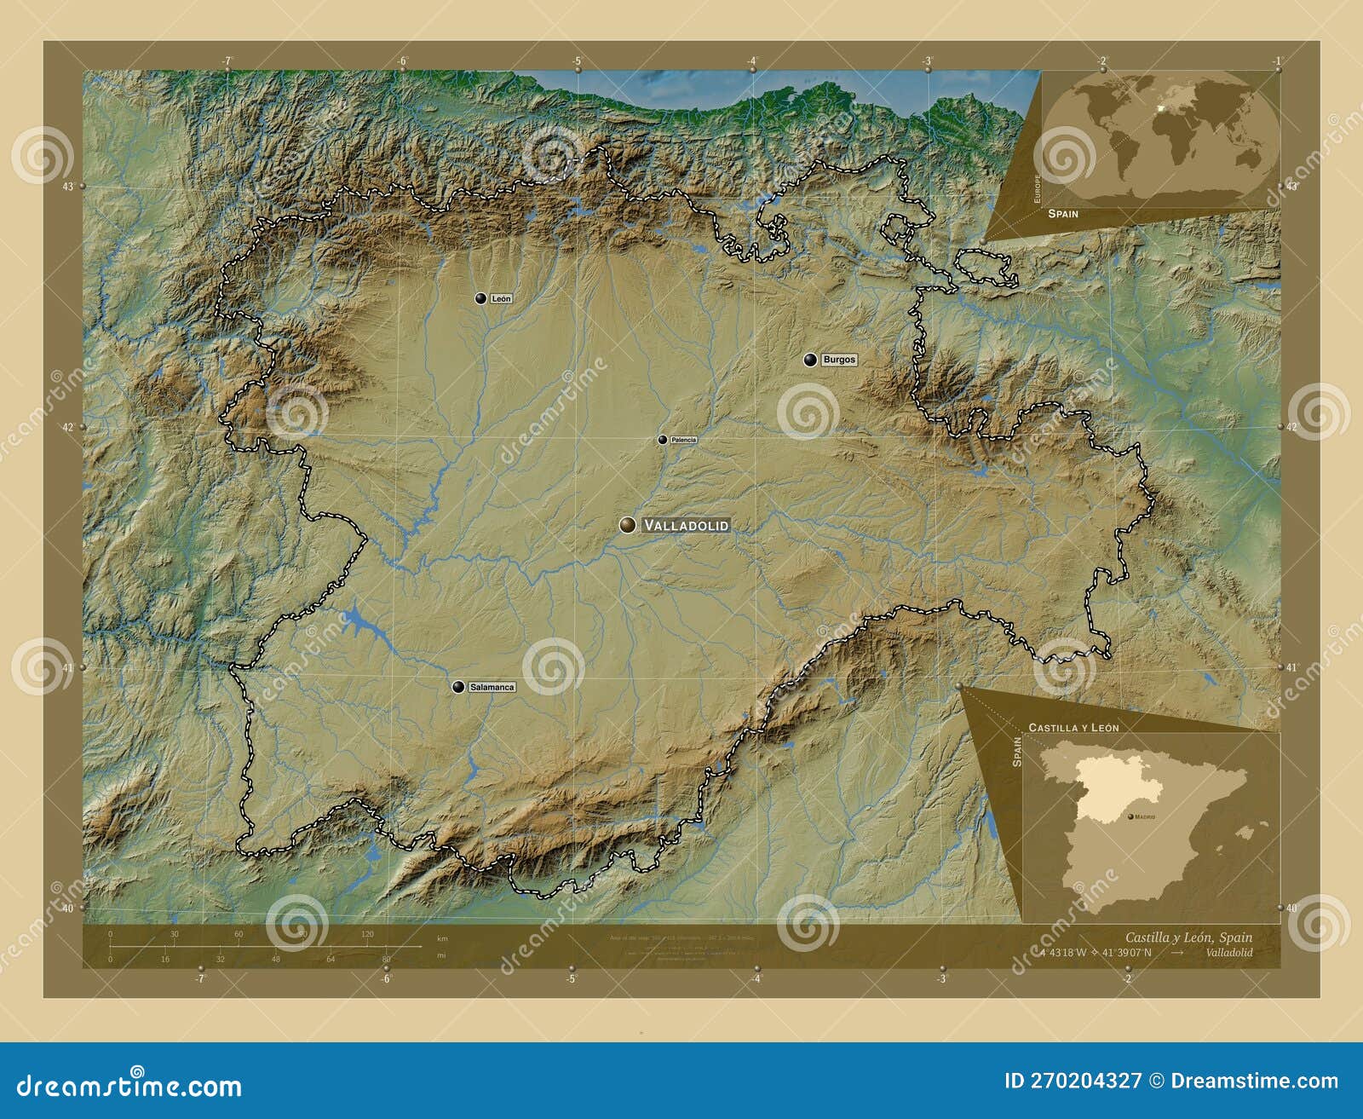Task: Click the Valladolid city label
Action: click(x=686, y=526)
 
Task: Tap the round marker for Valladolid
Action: click(x=628, y=525)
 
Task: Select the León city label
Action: click(x=501, y=298)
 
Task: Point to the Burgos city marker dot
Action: click(x=810, y=360)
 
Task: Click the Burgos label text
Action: click(x=839, y=360)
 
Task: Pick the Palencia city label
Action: click(x=683, y=440)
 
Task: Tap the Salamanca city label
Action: click(x=492, y=687)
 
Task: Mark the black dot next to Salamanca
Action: click(x=458, y=687)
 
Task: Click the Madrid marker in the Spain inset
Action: click(x=1130, y=816)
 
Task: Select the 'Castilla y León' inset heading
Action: click(x=1073, y=728)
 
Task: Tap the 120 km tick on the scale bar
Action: click(x=367, y=934)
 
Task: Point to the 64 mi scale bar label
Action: click(x=331, y=959)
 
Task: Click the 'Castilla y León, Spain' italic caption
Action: click(x=1188, y=937)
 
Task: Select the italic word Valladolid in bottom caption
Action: click(x=1229, y=953)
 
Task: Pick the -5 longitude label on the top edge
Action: click(x=577, y=61)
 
